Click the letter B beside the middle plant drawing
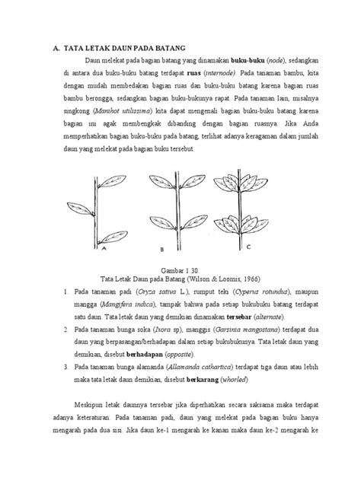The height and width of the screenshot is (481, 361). coord(163,248)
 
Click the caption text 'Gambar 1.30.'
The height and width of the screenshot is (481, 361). coord(180,270)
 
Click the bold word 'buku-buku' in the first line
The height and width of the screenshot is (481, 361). coord(251,58)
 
